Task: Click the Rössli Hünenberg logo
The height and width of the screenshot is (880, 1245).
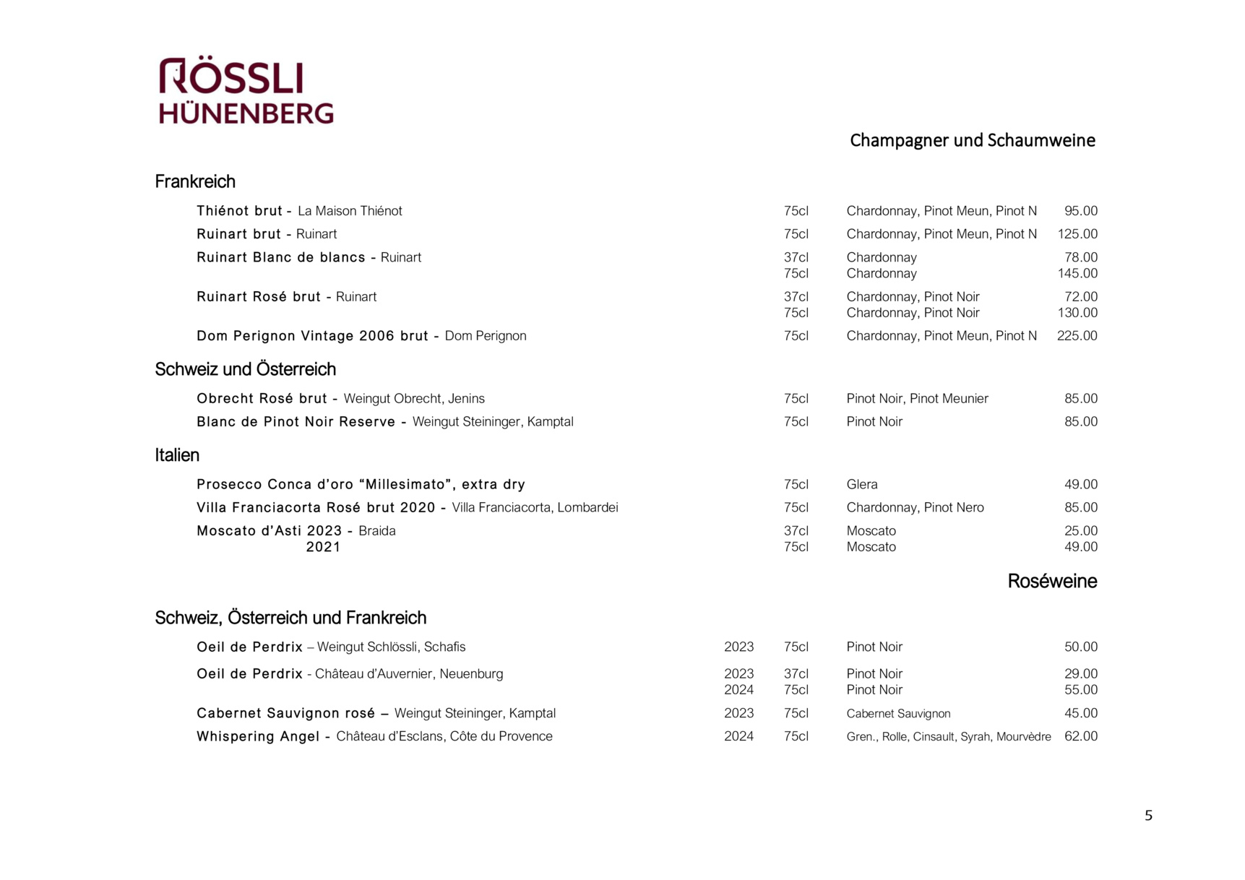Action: tap(246, 91)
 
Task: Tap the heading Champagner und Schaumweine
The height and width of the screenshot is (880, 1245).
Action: tap(972, 140)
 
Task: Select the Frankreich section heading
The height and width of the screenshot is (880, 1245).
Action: tap(195, 181)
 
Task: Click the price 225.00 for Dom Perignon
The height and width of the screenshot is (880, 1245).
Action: tap(1077, 336)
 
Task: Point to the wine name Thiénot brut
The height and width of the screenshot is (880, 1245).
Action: tap(239, 211)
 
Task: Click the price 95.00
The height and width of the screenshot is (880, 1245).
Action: tap(1080, 211)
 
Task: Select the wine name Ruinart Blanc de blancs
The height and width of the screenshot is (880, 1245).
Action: tap(280, 257)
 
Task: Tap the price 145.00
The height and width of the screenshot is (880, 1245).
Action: tap(1077, 274)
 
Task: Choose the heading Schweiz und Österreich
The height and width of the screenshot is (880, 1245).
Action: tap(245, 369)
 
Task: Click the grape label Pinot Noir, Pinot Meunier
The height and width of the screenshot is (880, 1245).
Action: tap(917, 399)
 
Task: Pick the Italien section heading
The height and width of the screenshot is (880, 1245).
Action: tap(177, 455)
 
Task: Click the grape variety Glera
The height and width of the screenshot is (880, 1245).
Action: tap(862, 485)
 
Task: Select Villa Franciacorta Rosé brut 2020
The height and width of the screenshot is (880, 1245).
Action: tap(316, 508)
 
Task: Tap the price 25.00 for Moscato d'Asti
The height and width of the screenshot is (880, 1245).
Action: tap(1080, 531)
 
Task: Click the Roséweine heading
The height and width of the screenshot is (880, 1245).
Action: tap(1051, 582)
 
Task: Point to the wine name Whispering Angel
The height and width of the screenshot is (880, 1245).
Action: tap(257, 737)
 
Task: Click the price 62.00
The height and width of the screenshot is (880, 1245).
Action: tap(1080, 737)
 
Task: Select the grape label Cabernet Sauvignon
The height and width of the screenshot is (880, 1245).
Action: tap(898, 714)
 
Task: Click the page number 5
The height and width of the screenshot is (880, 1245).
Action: tap(1148, 816)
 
